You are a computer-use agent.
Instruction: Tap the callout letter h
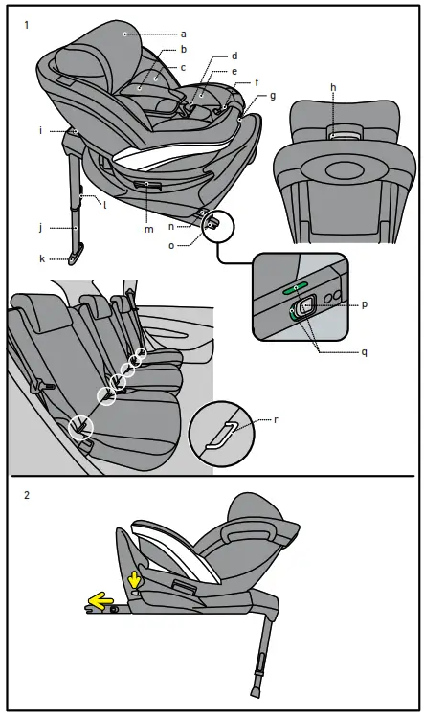tap(333, 87)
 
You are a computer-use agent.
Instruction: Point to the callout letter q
tap(364, 351)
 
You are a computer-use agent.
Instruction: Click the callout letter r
tap(277, 419)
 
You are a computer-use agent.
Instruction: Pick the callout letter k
tap(42, 258)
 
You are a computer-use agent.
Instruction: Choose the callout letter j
tap(41, 228)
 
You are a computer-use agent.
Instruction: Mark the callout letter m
tap(147, 229)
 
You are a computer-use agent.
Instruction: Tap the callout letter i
tap(41, 129)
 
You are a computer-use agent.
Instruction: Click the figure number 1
tap(26, 26)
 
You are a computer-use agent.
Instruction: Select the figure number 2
tap(26, 497)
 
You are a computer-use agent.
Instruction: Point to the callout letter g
tap(273, 96)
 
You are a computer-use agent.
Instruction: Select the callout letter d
tap(234, 56)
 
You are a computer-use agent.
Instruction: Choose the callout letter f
tap(256, 83)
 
